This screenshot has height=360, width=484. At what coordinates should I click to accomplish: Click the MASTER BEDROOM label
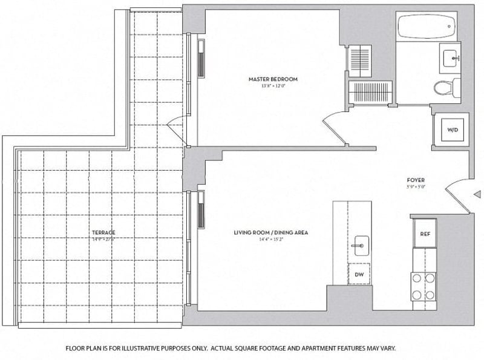(273, 79)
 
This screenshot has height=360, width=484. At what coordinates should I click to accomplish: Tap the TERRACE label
(103, 232)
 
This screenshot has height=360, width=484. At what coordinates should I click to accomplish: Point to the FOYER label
(416, 180)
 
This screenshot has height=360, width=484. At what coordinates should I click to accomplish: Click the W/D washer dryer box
(453, 130)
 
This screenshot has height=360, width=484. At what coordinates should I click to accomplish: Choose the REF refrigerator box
(425, 234)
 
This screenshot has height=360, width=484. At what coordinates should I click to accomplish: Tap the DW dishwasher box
(359, 275)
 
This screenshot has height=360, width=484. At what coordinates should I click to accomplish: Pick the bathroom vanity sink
(451, 59)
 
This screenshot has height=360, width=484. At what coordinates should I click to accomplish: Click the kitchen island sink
(361, 244)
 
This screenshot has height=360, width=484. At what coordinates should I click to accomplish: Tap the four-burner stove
(423, 287)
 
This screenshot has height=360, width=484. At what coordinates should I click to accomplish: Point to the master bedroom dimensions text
(273, 86)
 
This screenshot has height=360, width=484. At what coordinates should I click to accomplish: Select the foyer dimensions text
(416, 187)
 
